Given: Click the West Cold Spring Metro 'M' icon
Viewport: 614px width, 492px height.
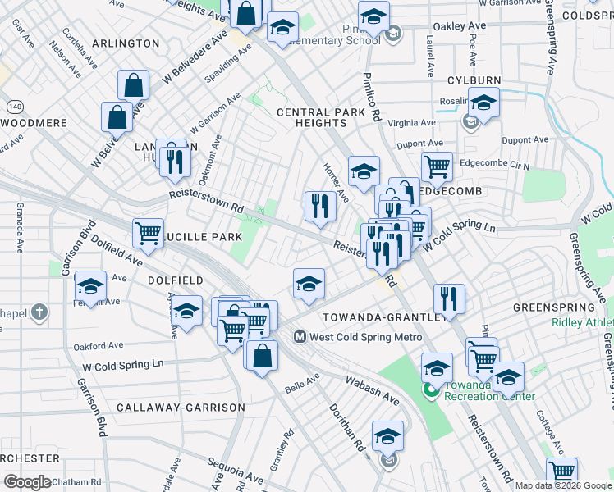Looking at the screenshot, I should point(300,336).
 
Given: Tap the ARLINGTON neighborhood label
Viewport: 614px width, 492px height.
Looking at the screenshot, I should point(126,43).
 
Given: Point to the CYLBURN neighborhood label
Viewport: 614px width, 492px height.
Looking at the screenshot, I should point(474,80).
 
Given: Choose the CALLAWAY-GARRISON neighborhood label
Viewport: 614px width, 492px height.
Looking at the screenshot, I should point(181,408).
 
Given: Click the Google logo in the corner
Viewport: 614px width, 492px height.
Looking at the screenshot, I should point(26,481).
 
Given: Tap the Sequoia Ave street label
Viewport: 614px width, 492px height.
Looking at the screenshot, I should point(235,471).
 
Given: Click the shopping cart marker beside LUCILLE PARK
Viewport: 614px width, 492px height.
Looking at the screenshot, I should point(148,232).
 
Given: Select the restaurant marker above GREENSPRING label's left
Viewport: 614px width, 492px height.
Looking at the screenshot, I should point(449,298).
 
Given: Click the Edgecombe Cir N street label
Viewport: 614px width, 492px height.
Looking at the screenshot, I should point(494,163).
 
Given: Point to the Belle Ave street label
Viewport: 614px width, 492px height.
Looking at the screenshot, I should point(301,383).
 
